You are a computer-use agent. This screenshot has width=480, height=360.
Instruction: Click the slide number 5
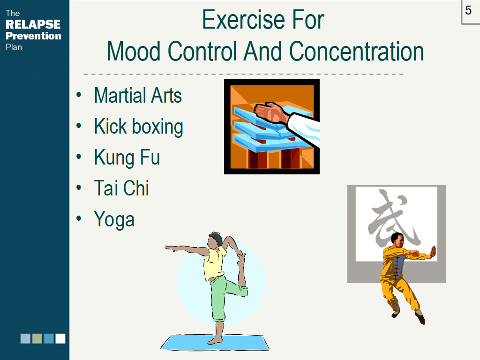(468, 10)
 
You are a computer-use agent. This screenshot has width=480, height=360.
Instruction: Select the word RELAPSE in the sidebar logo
(33, 24)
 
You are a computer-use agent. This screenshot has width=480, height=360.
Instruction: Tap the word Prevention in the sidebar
(33, 36)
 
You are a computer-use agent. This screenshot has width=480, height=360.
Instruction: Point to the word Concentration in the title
(356, 52)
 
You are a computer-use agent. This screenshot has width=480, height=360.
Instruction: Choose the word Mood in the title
(134, 52)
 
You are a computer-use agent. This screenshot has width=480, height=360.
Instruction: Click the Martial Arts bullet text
(138, 95)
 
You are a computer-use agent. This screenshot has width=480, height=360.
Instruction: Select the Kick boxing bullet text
(139, 127)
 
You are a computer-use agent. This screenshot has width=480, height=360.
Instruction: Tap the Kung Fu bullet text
(127, 157)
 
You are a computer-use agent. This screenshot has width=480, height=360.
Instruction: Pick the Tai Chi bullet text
(121, 188)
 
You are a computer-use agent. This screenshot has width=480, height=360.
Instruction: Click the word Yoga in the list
(114, 220)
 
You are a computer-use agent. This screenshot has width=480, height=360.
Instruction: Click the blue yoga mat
(215, 342)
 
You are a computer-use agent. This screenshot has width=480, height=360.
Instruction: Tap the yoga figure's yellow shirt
(215, 264)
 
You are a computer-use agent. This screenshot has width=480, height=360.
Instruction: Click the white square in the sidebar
(60, 338)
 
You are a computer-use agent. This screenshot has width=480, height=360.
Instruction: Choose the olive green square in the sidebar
(37, 338)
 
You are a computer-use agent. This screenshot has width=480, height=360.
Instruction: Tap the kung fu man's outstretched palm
(433, 252)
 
